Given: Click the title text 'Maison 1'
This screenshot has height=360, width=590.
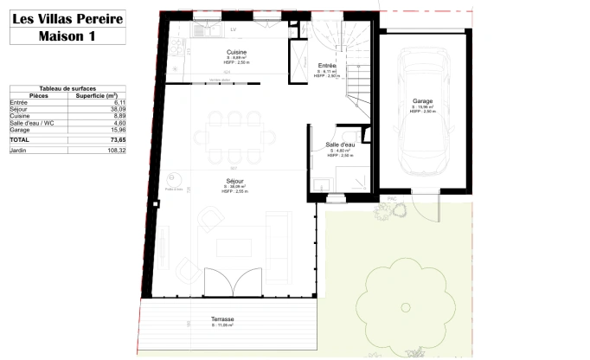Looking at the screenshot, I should click(x=67, y=35).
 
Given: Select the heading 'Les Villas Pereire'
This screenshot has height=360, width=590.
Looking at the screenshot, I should click(x=67, y=17).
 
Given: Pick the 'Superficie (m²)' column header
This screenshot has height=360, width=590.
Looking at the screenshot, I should click(x=100, y=95).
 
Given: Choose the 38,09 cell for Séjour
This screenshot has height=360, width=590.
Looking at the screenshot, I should click(x=118, y=109).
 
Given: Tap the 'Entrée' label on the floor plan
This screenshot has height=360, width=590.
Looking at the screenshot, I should click(x=327, y=66).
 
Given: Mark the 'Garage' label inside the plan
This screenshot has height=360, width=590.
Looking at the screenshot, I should click(x=422, y=101).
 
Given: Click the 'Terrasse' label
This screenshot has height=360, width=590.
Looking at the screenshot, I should click(x=223, y=319).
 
